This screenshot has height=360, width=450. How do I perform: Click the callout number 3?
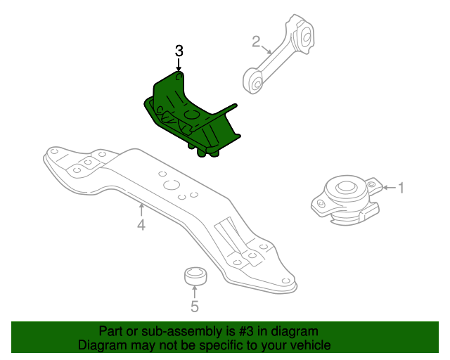click(179, 51)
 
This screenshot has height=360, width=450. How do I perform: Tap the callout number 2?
click(256, 41)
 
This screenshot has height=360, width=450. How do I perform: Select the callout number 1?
click(401, 188)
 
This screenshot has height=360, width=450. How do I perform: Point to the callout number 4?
click(141, 225)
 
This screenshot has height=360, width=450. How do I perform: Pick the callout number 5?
click(195, 307)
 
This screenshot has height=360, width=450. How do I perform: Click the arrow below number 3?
click(179, 65)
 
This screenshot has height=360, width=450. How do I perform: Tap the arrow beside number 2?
click(266, 49)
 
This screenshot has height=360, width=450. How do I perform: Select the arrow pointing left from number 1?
click(390, 188)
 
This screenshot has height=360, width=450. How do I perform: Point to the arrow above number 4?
click(141, 210)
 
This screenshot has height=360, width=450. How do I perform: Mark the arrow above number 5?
click(195, 292)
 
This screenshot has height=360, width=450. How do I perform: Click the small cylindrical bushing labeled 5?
click(195, 276)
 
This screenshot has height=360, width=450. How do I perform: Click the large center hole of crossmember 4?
click(172, 185)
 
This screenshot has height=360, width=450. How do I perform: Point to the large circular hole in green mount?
click(192, 114)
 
